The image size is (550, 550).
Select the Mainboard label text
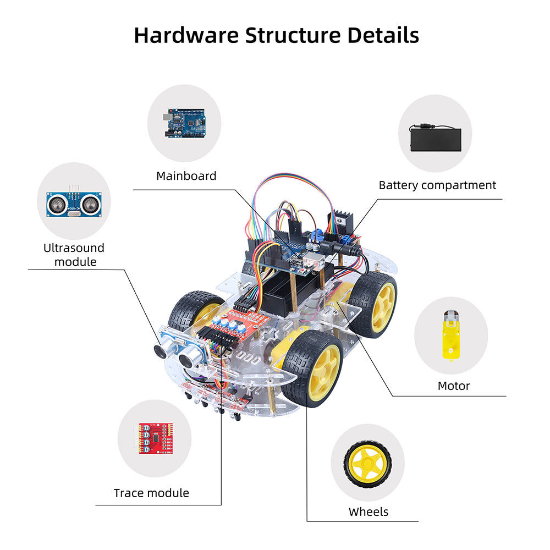(x=186, y=176)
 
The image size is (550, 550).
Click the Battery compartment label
(x=437, y=185)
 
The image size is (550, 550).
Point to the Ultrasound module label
(x=74, y=255)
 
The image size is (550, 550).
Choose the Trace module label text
(x=151, y=493)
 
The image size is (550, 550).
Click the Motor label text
(x=454, y=386)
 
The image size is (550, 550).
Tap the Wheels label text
(x=369, y=512)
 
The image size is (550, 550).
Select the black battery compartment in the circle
(x=435, y=137)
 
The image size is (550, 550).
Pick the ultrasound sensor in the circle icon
(x=73, y=204)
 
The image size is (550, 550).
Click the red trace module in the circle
(x=154, y=438)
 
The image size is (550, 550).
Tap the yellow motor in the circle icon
(x=450, y=334)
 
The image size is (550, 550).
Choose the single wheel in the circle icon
(x=367, y=462)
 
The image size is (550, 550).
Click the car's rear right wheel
(x=373, y=303)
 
